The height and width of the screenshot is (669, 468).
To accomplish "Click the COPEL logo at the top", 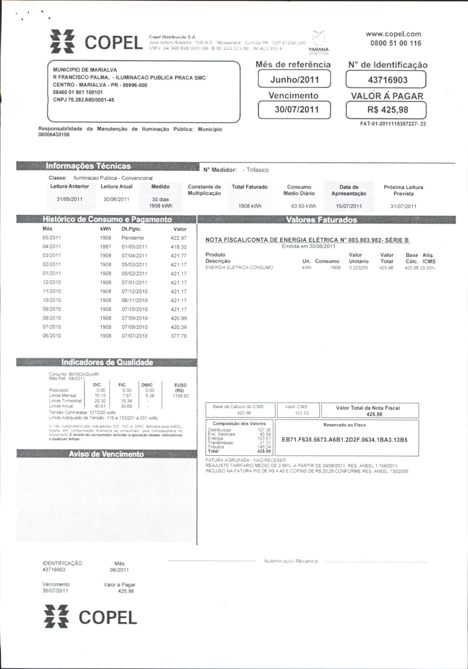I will [x=96, y=42].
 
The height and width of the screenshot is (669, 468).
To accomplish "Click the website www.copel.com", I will [x=393, y=34].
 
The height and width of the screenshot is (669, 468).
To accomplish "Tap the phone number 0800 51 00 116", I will [x=396, y=43].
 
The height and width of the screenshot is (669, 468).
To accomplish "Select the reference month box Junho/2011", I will [x=294, y=80].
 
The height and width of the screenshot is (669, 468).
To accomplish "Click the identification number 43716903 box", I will [x=386, y=80].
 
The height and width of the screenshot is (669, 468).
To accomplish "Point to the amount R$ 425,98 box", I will [x=386, y=110].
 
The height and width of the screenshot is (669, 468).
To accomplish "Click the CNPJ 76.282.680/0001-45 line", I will [x=83, y=100].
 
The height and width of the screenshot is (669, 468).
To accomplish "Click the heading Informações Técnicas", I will [x=88, y=166].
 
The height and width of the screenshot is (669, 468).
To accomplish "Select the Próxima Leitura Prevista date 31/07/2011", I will [x=403, y=206].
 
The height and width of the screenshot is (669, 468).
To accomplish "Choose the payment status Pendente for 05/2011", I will [x=132, y=238].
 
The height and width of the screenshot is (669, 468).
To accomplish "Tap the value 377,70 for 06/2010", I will [x=179, y=336].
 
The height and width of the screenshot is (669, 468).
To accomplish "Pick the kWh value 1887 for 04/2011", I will [x=106, y=246].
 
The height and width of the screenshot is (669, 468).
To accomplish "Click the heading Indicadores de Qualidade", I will [x=107, y=362].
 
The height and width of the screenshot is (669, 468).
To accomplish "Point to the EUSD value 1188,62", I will [x=181, y=396].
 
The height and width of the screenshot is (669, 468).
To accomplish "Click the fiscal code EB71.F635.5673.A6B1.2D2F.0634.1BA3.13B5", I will [x=345, y=440].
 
